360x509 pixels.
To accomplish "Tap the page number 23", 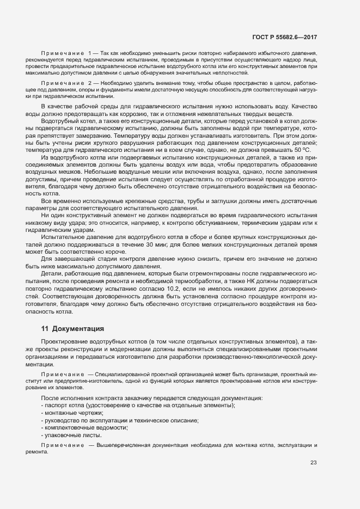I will (x=313, y=463).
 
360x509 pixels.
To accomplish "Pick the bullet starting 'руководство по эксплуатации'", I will (x=119, y=420).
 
